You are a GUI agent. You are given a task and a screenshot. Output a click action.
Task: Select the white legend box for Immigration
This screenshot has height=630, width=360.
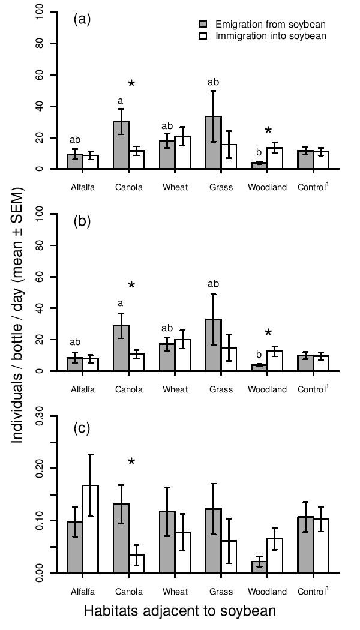pos(203,36)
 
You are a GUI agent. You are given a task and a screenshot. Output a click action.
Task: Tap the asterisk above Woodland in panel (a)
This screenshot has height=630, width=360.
pos(268,131)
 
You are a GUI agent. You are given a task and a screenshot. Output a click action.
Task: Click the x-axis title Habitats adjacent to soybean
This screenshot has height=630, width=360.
pos(180,611)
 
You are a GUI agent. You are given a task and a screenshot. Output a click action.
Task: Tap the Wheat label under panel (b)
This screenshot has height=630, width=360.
pos(175,389)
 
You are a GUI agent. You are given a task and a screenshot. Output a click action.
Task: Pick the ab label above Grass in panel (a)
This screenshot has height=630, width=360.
pos(214,82)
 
